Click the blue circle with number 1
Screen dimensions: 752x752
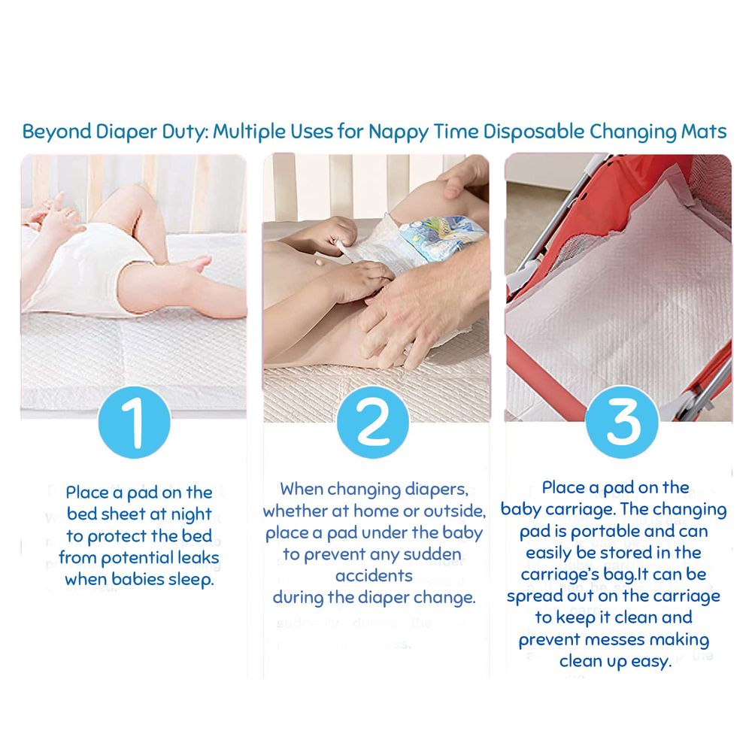click(x=135, y=422)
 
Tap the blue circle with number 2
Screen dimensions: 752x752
click(x=373, y=422)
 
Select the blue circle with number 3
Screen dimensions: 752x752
click(x=622, y=422)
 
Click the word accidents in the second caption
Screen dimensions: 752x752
click(x=374, y=576)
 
